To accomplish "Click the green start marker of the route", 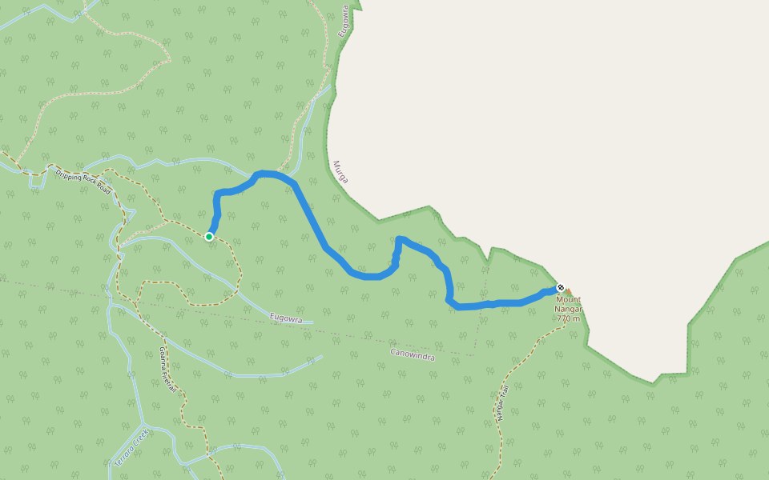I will (209, 236).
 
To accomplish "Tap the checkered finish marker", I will (560, 287).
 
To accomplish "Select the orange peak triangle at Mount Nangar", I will (569, 292).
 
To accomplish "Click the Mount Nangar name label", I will (569, 304).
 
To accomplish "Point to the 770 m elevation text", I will (568, 318).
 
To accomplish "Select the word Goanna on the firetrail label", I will (163, 357).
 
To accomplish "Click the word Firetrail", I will (169, 379).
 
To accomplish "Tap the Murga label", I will (340, 170).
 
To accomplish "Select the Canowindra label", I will (413, 354).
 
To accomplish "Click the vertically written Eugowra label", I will (344, 20).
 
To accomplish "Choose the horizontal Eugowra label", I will (286, 318).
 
